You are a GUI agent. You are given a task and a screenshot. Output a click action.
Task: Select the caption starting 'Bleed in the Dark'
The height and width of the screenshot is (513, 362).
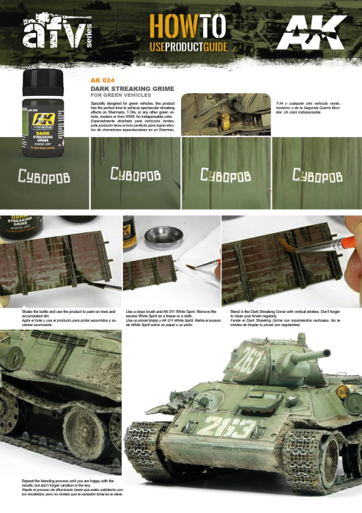[287, 316]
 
